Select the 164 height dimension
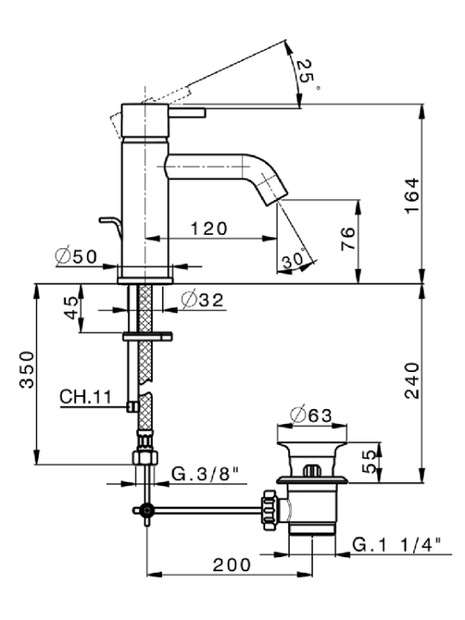412,195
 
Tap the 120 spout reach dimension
209,228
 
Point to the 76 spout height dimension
349,238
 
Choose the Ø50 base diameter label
75,256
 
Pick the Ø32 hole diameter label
202,300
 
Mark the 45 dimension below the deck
72,308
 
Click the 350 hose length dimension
27,370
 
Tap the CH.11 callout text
86,397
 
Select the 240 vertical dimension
412,381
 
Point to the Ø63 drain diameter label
311,415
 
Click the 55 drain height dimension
369,461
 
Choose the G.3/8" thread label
206,474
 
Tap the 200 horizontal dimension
232,565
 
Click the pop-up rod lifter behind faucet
112,227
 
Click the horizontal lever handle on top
187,112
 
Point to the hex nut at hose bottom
145,457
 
